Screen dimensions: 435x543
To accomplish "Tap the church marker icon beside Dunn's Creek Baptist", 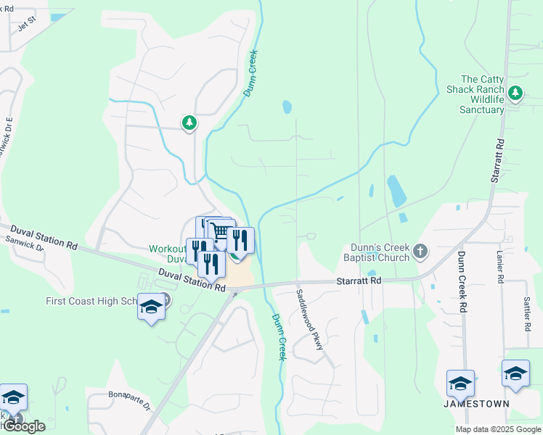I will click(420, 252).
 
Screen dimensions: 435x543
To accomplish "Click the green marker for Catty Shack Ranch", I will click(515, 93).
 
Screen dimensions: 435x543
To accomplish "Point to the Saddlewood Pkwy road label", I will click(309, 320).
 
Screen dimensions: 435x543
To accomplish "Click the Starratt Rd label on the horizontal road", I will click(358, 280).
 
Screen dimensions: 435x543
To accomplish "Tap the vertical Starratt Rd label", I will click(497, 159).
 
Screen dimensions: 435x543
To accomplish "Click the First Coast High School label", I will click(90, 301).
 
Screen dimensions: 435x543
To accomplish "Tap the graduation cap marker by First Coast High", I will click(151, 307).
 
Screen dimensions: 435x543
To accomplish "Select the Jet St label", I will click(27, 24).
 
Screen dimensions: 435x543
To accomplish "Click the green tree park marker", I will click(189, 123).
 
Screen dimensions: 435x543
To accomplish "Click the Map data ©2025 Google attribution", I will click(497, 429).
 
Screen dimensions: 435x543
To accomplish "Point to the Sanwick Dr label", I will click(25, 243).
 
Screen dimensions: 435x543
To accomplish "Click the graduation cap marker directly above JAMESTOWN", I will click(460, 384).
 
